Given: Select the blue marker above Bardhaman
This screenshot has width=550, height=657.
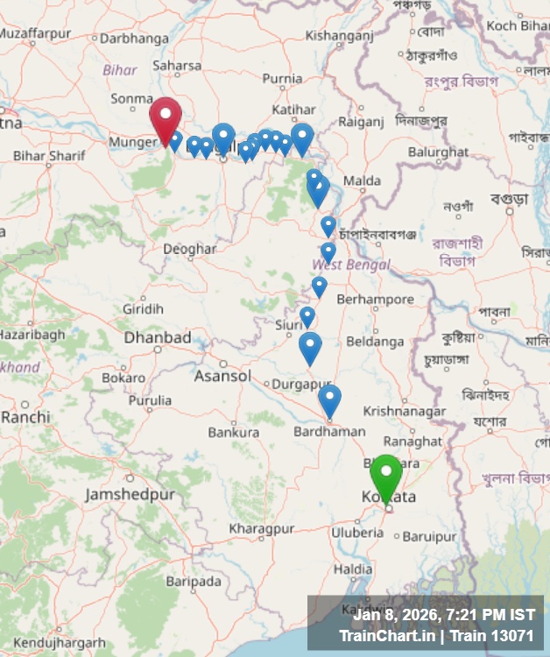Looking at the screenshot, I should point(329,399).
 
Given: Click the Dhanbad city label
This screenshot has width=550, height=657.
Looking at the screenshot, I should point(157,337).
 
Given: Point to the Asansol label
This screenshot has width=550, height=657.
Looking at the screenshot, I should point(222,376).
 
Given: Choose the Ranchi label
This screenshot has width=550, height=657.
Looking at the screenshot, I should point(25,417).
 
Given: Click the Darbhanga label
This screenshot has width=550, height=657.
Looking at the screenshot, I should point(134,38).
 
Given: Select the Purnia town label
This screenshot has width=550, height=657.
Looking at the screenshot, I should point(282,79).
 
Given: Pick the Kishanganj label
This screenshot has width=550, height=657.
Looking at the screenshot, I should point(340,35).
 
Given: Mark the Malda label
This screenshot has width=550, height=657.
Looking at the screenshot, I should point(362,180).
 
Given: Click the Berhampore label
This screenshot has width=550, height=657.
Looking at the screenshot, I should point(375,300).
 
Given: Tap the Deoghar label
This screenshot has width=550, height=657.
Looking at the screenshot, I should point(190,249).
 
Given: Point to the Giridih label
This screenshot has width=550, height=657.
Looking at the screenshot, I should point(143,308).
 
